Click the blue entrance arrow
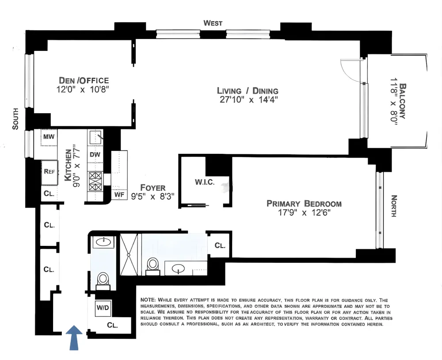point(74,337)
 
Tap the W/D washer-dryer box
point(103,307)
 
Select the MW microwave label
point(49,137)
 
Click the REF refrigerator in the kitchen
point(50,172)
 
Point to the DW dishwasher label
point(95,155)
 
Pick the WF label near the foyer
point(119,195)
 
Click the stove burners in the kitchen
point(95,181)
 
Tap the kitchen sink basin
point(95,137)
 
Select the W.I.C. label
point(205,182)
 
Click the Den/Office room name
point(84,80)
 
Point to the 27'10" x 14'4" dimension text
point(249,100)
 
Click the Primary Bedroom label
point(304,203)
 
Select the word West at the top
point(213,23)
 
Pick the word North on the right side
point(394,206)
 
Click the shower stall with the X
point(129,254)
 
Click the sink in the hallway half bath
point(103,242)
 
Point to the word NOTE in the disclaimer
point(148,300)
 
